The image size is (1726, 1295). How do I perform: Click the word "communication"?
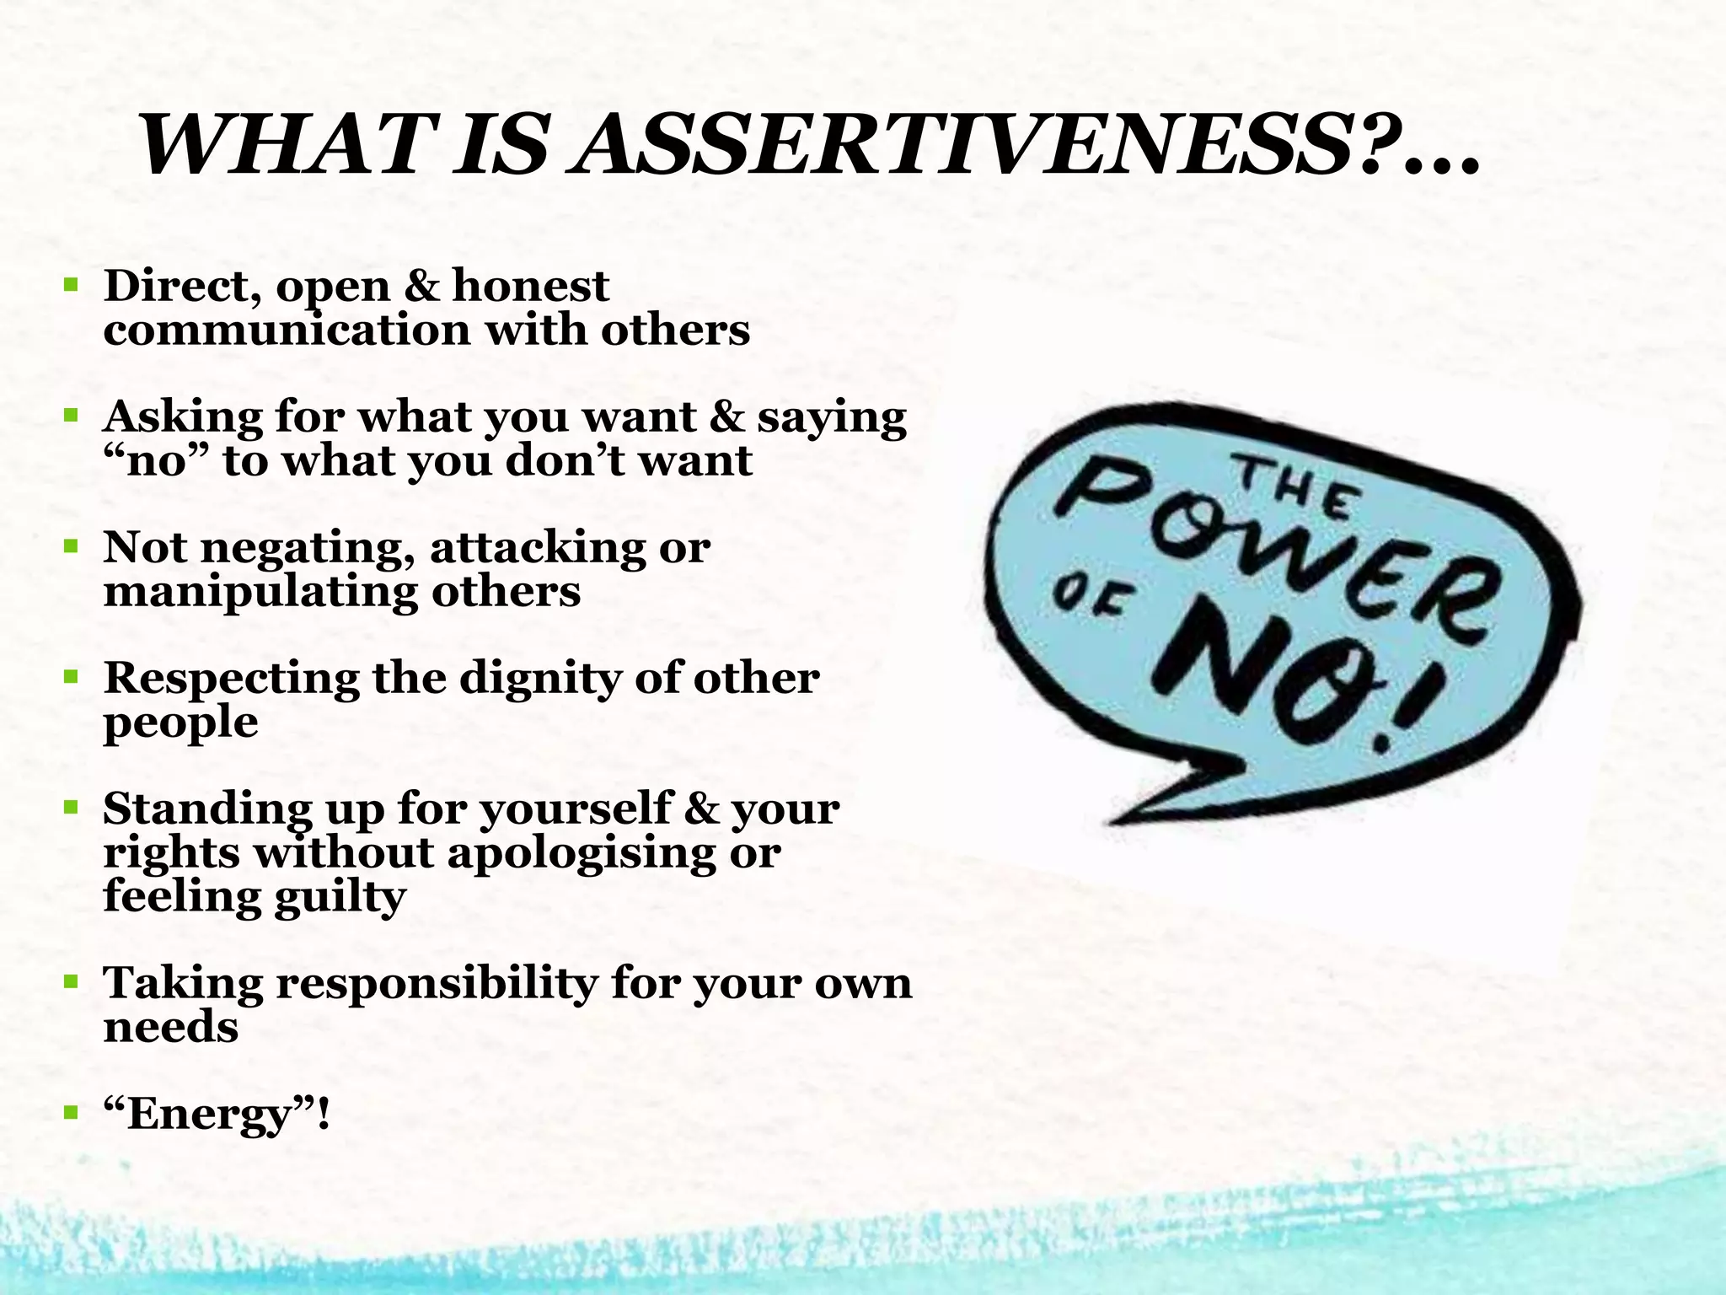click(x=287, y=330)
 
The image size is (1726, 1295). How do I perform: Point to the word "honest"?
click(x=530, y=287)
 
